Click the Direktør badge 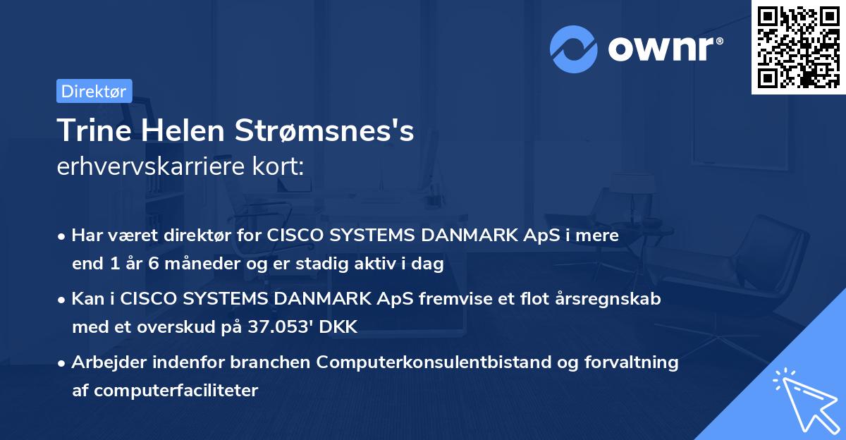coord(94,91)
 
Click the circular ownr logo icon coord(574,49)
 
